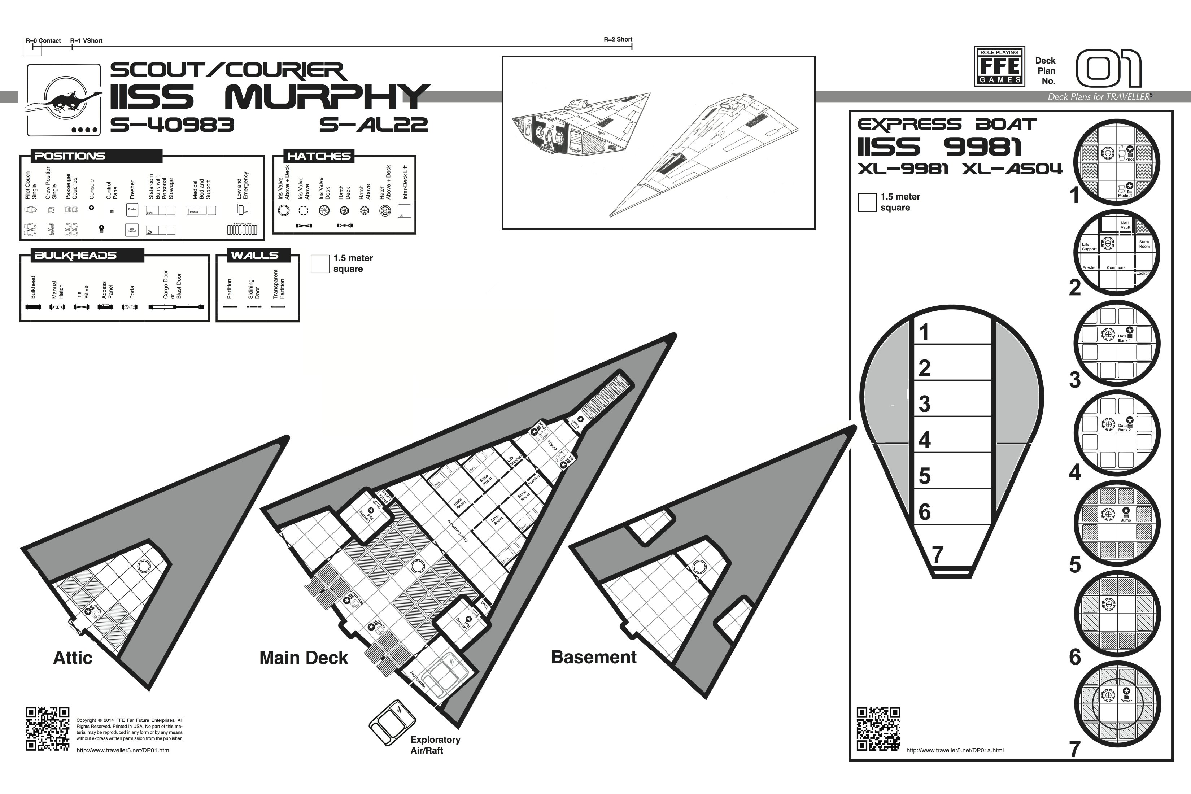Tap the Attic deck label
[73, 658]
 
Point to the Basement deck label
[593, 657]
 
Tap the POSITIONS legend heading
[70, 156]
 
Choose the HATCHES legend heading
[319, 156]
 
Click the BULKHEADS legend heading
[75, 255]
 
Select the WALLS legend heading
[255, 255]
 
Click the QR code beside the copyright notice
[48, 729]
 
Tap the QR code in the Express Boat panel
[878, 729]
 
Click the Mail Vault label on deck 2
[1125, 225]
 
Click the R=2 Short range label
[618, 39]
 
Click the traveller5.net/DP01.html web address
[123, 750]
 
